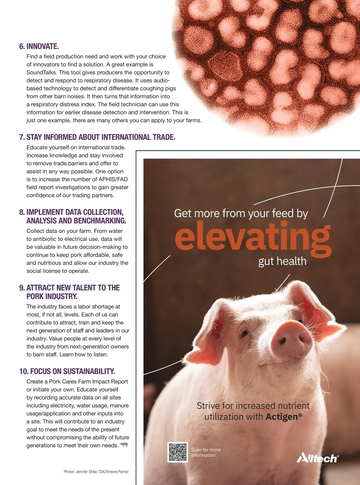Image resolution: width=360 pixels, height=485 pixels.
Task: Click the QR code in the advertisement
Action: pyautogui.click(x=178, y=452)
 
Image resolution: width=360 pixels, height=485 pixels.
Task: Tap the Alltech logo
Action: pyautogui.click(x=317, y=458)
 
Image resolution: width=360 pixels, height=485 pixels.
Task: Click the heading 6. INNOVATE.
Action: pyautogui.click(x=39, y=46)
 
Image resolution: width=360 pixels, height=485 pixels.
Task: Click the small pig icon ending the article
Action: pyautogui.click(x=124, y=445)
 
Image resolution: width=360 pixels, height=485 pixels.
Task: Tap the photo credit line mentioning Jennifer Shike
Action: pyautogui.click(x=96, y=472)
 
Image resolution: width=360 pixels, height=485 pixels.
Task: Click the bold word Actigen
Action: pyautogui.click(x=282, y=417)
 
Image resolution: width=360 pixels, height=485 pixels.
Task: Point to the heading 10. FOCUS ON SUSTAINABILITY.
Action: pyautogui.click(x=67, y=371)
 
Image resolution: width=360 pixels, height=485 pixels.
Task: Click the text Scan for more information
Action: pyautogui.click(x=206, y=452)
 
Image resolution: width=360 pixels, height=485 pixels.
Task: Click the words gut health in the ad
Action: pyautogui.click(x=282, y=261)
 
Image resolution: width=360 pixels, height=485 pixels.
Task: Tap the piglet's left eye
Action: pyautogui.click(x=245, y=333)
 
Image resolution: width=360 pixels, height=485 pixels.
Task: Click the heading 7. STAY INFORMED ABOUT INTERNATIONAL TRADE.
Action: pyautogui.click(x=97, y=137)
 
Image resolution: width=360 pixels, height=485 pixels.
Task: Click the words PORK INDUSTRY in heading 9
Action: pyautogui.click(x=52, y=296)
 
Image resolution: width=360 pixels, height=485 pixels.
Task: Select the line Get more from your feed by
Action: pyautogui.click(x=241, y=213)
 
